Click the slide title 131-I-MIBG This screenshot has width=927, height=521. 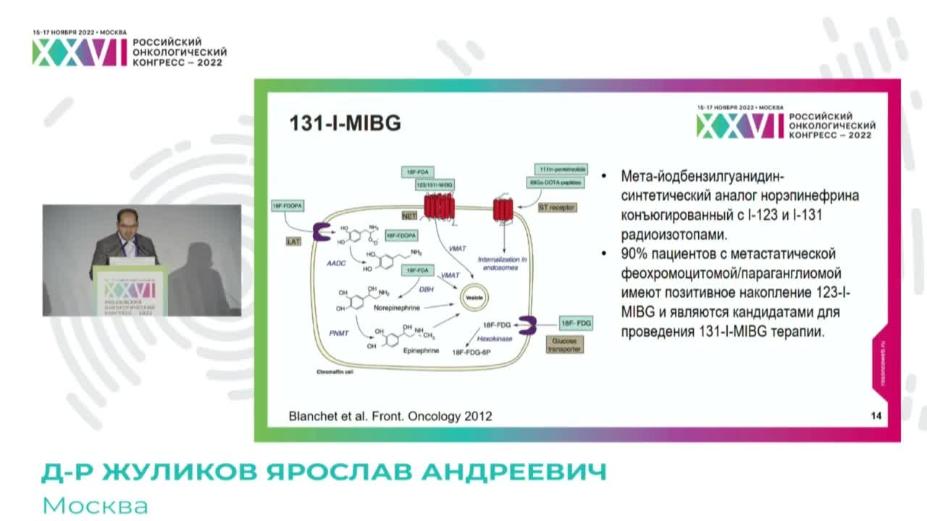coord(345,123)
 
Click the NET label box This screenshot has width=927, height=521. coord(410,215)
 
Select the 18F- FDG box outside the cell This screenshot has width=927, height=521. coord(576,322)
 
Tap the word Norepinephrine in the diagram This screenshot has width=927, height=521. coord(398,308)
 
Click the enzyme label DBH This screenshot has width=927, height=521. coord(426,289)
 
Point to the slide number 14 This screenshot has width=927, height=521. coord(876,416)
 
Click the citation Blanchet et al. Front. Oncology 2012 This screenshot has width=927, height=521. coord(390,416)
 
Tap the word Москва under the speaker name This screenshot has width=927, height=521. coord(95,505)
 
